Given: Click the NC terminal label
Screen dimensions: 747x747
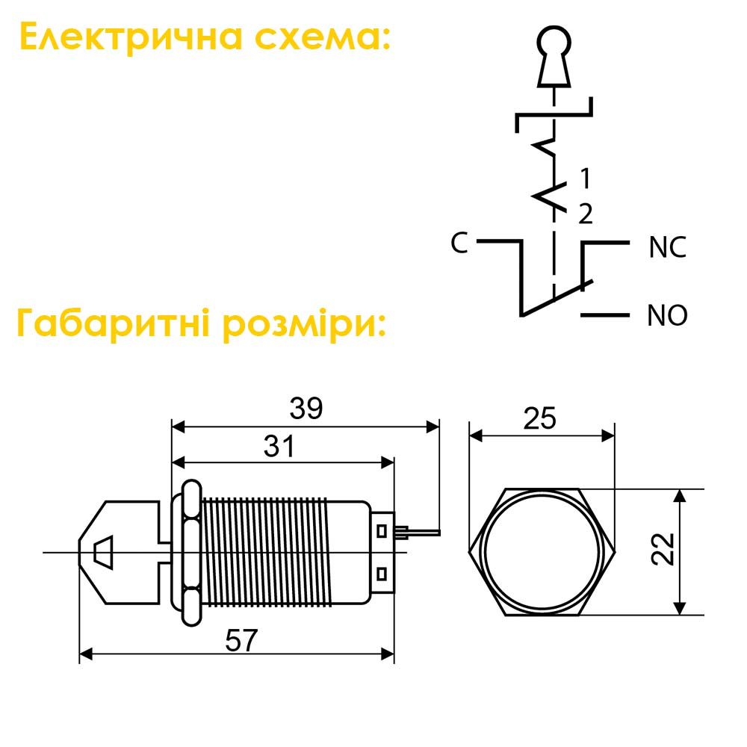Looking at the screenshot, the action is pyautogui.click(x=667, y=247).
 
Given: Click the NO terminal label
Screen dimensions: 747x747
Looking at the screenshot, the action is pyautogui.click(x=667, y=315).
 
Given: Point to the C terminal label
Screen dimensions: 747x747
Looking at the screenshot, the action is pyautogui.click(x=459, y=243).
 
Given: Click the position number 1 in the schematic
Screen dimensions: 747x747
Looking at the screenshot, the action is pyautogui.click(x=586, y=179).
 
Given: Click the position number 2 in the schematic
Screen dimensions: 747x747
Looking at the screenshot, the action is pyautogui.click(x=586, y=214).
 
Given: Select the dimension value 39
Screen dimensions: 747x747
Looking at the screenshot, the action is pyautogui.click(x=306, y=409).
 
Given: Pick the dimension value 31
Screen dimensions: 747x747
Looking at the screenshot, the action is pyautogui.click(x=279, y=447).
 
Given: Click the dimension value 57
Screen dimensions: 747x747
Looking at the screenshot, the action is pyautogui.click(x=241, y=640).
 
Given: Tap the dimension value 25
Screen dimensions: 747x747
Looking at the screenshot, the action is pyautogui.click(x=540, y=418).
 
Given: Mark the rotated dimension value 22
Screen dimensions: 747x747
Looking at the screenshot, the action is pyautogui.click(x=663, y=549).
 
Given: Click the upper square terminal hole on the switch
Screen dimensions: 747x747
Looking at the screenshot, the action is pyautogui.click(x=381, y=530).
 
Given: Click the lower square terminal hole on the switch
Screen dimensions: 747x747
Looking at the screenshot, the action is pyautogui.click(x=381, y=574).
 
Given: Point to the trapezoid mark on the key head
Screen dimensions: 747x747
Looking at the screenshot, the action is pyautogui.click(x=103, y=553).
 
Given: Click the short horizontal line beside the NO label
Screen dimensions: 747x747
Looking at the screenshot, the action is pyautogui.click(x=604, y=315).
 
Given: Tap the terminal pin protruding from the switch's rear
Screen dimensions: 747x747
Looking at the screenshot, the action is pyautogui.click(x=418, y=532).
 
